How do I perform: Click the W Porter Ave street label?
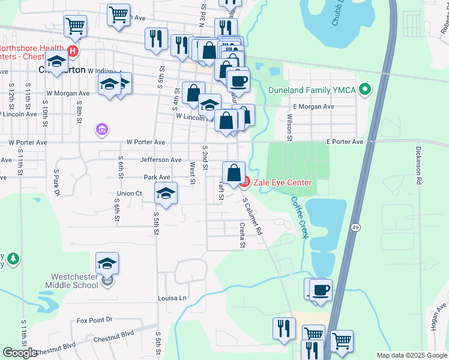(145, 142)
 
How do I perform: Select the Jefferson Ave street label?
(160, 160)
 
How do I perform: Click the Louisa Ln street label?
(172, 298)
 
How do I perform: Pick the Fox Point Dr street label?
(95, 321)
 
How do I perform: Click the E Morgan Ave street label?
(314, 106)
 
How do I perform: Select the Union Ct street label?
(129, 193)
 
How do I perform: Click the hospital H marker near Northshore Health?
(73, 52)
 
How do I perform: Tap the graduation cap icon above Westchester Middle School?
(107, 263)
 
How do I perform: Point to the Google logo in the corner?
(20, 353)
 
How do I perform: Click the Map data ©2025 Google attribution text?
(412, 355)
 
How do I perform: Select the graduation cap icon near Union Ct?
(166, 193)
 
